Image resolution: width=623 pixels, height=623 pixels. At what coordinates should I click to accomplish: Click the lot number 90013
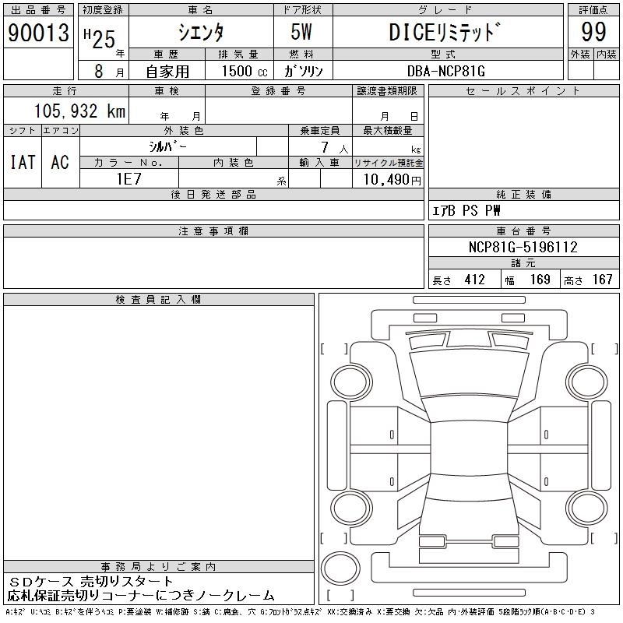tap(38, 33)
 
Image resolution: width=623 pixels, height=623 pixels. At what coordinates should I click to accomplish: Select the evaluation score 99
tap(593, 32)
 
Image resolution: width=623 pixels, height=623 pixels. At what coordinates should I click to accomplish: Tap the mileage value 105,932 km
tap(79, 111)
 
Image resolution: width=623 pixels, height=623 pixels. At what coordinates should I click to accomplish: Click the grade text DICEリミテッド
tap(444, 32)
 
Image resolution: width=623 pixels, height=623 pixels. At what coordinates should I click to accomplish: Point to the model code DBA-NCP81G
tap(446, 71)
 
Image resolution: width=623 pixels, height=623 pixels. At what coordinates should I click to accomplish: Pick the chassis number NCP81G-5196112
tap(523, 247)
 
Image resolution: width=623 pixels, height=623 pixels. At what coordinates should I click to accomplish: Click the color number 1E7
tap(128, 179)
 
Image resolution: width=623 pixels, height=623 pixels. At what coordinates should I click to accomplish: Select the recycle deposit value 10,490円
tap(392, 180)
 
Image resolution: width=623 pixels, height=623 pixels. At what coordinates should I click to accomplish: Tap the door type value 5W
tap(301, 32)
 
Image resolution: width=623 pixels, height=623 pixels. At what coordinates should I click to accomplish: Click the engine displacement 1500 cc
tap(245, 71)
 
